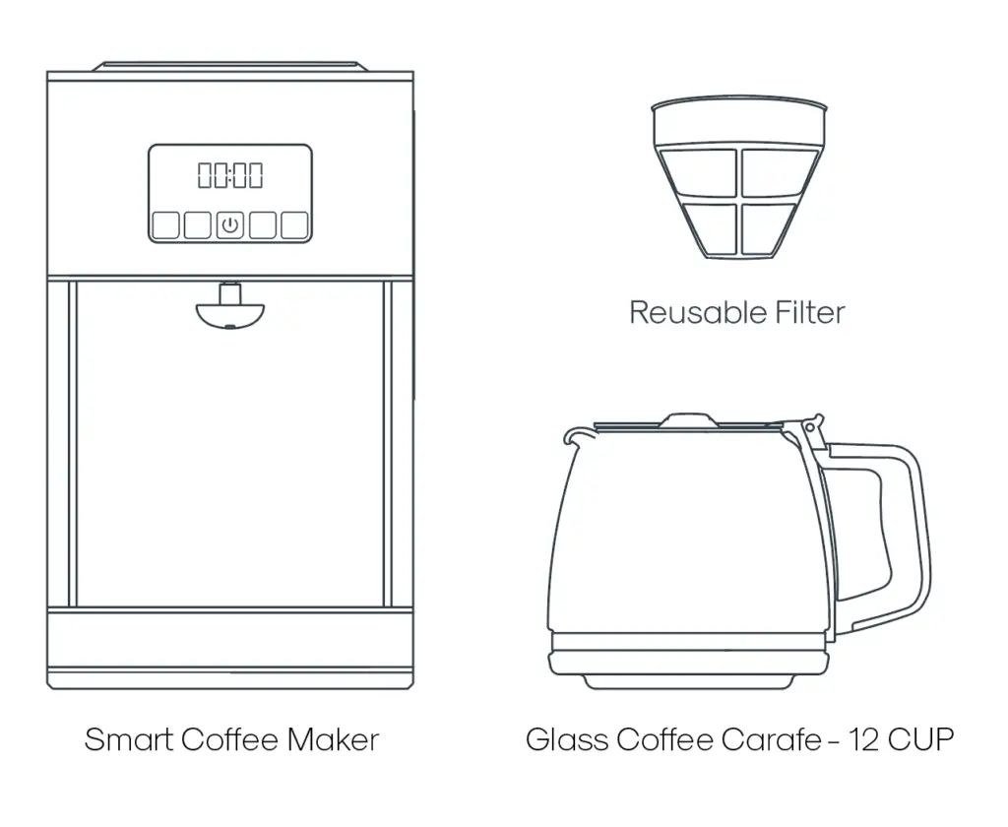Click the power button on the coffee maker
coord(229,225)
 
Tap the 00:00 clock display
coord(230,176)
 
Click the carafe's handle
coord(906,532)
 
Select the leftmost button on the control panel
coord(166,225)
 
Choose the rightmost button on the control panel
coord(294,225)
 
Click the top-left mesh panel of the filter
coord(700,171)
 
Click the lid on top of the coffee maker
coord(230,67)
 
